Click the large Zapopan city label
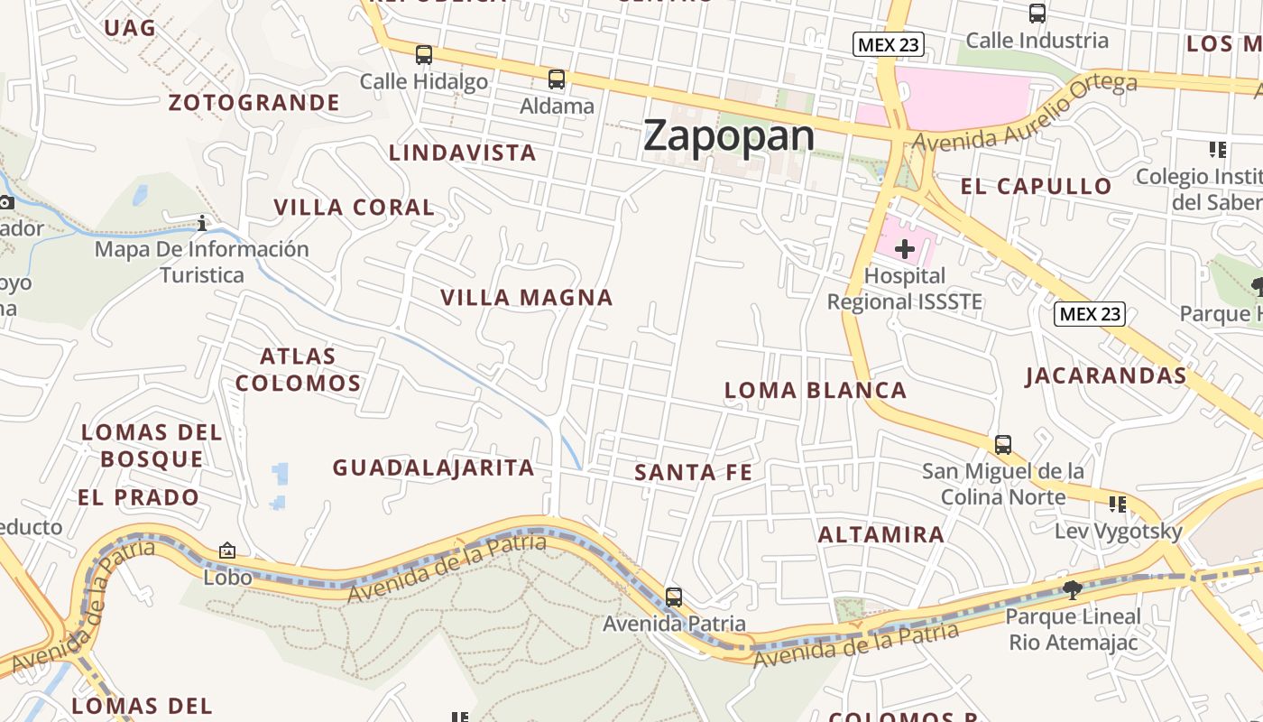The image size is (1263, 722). pyautogui.click(x=729, y=136)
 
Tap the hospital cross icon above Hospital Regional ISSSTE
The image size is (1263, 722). pyautogui.click(x=904, y=249)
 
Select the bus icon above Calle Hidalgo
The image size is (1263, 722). pyautogui.click(x=424, y=55)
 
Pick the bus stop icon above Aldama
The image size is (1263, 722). pyautogui.click(x=557, y=79)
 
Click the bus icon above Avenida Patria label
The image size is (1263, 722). pyautogui.click(x=674, y=597)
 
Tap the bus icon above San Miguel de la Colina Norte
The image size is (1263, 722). pyautogui.click(x=1003, y=445)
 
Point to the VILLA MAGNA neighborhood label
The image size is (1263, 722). pyautogui.click(x=527, y=297)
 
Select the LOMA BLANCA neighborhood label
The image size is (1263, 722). pyautogui.click(x=816, y=390)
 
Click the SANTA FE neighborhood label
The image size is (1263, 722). pyautogui.click(x=693, y=472)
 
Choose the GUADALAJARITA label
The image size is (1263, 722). pyautogui.click(x=433, y=467)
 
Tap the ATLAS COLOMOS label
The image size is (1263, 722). pyautogui.click(x=299, y=369)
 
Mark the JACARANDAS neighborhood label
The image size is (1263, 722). pyautogui.click(x=1105, y=375)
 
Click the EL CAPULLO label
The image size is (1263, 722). pyautogui.click(x=1036, y=187)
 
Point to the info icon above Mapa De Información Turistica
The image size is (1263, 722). pyautogui.click(x=202, y=222)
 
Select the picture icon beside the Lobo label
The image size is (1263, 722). pyautogui.click(x=227, y=550)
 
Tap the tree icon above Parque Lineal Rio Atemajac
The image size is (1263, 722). pyautogui.click(x=1073, y=590)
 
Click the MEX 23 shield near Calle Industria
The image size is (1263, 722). pyautogui.click(x=889, y=44)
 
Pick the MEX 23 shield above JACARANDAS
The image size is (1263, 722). pyautogui.click(x=1090, y=314)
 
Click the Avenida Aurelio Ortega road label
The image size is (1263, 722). pyautogui.click(x=1024, y=112)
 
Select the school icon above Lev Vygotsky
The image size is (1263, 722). pyautogui.click(x=1118, y=504)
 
